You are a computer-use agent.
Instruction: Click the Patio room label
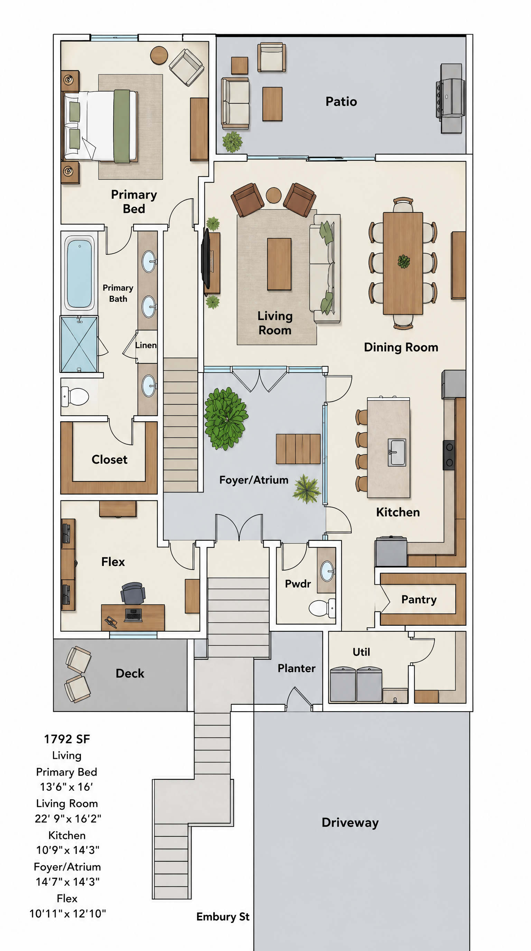point(341,102)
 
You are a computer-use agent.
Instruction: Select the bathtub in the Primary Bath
point(79,274)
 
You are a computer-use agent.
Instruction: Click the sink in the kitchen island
point(397,452)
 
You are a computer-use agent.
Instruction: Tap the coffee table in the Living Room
point(279,264)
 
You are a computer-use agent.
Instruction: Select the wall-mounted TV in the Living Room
point(206,258)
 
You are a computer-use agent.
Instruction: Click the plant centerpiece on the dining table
point(403,262)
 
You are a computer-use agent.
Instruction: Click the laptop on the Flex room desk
point(133,615)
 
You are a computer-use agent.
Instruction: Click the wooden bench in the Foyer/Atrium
point(298,449)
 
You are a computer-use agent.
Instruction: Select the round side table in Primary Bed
point(159,55)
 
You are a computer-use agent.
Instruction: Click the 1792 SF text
point(67,739)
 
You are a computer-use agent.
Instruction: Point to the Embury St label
point(223,917)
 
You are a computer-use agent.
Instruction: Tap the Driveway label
point(350,822)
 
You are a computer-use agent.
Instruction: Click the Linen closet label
point(146,345)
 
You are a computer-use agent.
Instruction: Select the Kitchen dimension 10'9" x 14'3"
point(67,850)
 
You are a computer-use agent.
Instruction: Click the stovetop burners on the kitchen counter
point(449,455)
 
